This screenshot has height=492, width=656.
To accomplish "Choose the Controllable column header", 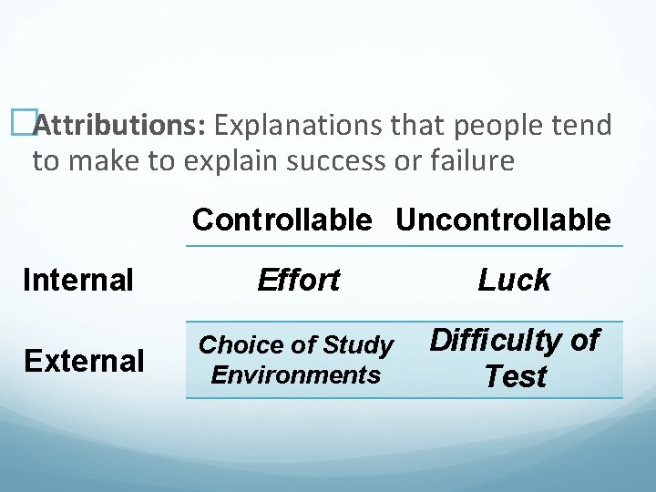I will point(282,220).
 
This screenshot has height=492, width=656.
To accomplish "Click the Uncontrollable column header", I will point(503,220).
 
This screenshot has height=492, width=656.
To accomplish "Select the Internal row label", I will point(78,280).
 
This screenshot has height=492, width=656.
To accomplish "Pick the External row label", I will point(84,362).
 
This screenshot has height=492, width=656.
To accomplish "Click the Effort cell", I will point(298,280).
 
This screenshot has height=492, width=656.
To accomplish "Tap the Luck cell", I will point(514,281).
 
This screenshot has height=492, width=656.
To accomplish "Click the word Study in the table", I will point(357,345).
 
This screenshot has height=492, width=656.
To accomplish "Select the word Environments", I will point(295,374).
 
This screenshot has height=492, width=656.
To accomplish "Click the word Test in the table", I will point(516,376).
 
